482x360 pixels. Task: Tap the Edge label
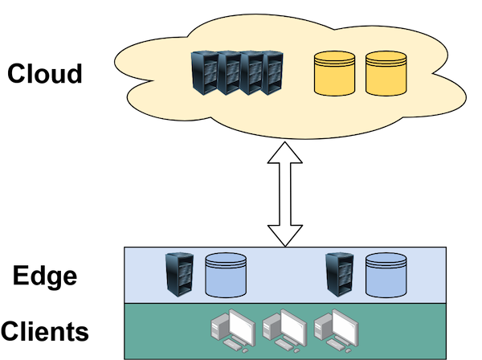pos(45,276)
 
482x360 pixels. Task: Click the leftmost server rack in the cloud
pos(205,74)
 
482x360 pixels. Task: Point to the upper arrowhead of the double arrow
pos(285,154)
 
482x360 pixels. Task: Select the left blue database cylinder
pos(226,274)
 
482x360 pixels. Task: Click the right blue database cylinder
pos(386,274)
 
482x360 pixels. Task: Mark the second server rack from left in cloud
pos(229,74)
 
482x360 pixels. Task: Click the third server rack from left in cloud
pos(253,74)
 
